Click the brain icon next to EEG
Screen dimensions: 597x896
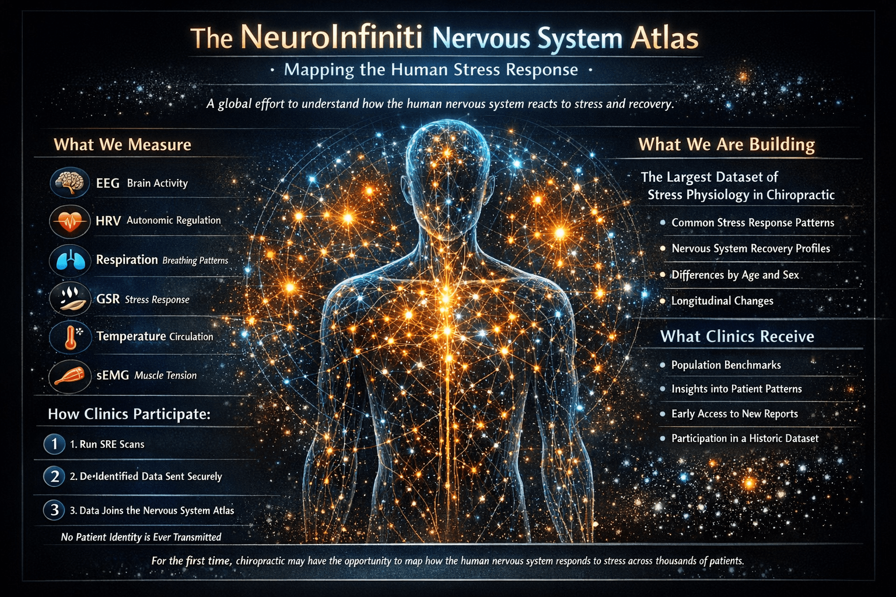tap(70, 183)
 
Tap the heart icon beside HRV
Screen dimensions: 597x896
tap(70, 221)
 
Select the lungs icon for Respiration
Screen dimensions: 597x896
tap(70, 260)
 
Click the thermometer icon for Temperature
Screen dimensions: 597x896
tap(70, 337)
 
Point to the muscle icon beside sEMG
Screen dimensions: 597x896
tap(70, 375)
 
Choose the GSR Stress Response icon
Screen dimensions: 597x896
tap(70, 298)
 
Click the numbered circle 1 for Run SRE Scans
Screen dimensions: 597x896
tap(54, 444)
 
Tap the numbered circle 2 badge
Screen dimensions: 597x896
tap(54, 476)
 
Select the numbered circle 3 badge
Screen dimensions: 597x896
tap(54, 510)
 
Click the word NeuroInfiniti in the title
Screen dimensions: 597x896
tap(331, 36)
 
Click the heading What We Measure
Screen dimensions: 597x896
tap(123, 145)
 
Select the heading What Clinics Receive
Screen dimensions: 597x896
tap(737, 336)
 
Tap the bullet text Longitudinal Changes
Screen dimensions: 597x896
tap(722, 301)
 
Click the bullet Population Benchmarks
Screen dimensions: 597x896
tap(726, 365)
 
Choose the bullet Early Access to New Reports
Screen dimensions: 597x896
tap(734, 414)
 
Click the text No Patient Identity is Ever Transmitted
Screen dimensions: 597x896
tap(141, 537)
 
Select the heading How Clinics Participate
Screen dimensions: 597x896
tap(129, 414)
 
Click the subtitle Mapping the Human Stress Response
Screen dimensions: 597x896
tap(430, 70)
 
